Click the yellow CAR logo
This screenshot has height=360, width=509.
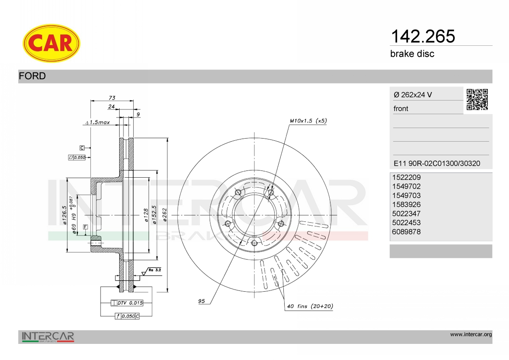[x=51, y=43]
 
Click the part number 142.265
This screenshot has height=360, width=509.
[x=423, y=36]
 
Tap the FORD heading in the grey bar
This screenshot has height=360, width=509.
[x=32, y=76]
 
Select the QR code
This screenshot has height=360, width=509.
[x=477, y=100]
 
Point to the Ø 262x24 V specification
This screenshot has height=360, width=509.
[x=413, y=95]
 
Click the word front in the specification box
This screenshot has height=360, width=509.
[x=401, y=109]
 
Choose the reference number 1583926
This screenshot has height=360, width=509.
[x=406, y=204]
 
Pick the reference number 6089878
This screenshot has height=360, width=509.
[x=406, y=232]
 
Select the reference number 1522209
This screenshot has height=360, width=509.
[x=406, y=177]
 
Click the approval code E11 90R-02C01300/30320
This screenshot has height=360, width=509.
[x=437, y=163]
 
